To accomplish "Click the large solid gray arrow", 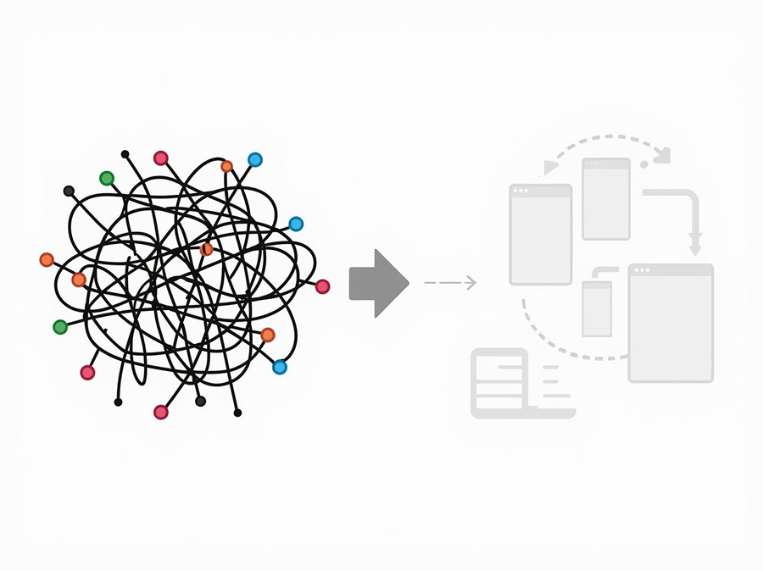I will coord(378,284).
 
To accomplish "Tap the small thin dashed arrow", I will coord(449,283).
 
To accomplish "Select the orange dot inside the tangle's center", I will coord(206,249).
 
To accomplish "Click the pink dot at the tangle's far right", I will coord(322,286).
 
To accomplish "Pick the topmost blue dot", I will coord(254,159).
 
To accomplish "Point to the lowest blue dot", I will coord(279,367).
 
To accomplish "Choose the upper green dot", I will coord(107,178).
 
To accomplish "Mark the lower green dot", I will coord(60,327).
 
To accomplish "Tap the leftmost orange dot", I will coord(47,259).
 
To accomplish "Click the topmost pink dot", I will coord(160,158).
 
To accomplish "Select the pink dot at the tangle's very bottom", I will coord(160,412).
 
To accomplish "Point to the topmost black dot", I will coord(125,154).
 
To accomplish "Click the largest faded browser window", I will coord(671,323).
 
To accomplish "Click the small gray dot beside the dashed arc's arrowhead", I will coord(644,163).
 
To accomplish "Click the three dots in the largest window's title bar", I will coord(642,270).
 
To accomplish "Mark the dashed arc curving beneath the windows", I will coord(560,343).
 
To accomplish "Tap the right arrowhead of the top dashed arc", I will coord(663,155).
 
